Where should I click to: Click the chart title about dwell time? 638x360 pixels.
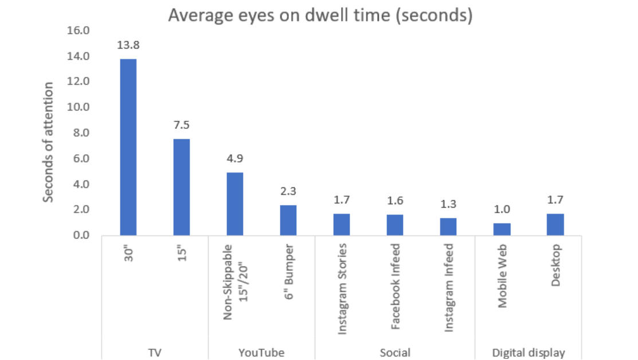pos(320,15)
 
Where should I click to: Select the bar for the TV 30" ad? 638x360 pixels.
pos(128,147)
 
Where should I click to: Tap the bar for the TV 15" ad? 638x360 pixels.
pos(181,187)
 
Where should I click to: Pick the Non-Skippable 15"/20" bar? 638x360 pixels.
pos(235,204)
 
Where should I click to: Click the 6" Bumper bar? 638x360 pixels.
pos(288,220)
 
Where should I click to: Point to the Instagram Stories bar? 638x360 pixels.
pos(342,224)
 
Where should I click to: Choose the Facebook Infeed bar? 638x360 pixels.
pos(395,225)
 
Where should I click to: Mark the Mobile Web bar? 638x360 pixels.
pos(502,229)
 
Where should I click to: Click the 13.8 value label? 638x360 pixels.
pos(128,45)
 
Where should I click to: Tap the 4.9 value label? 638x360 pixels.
pos(235,159)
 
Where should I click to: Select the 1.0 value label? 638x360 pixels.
pos(502,209)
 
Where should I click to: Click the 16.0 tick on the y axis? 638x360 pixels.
pos(79,30)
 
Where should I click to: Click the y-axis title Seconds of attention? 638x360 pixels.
pos(49,142)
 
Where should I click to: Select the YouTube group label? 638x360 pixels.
pos(261,352)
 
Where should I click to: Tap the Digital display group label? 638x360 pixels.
pos(529,352)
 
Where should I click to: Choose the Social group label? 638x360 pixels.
pos(395,352)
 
